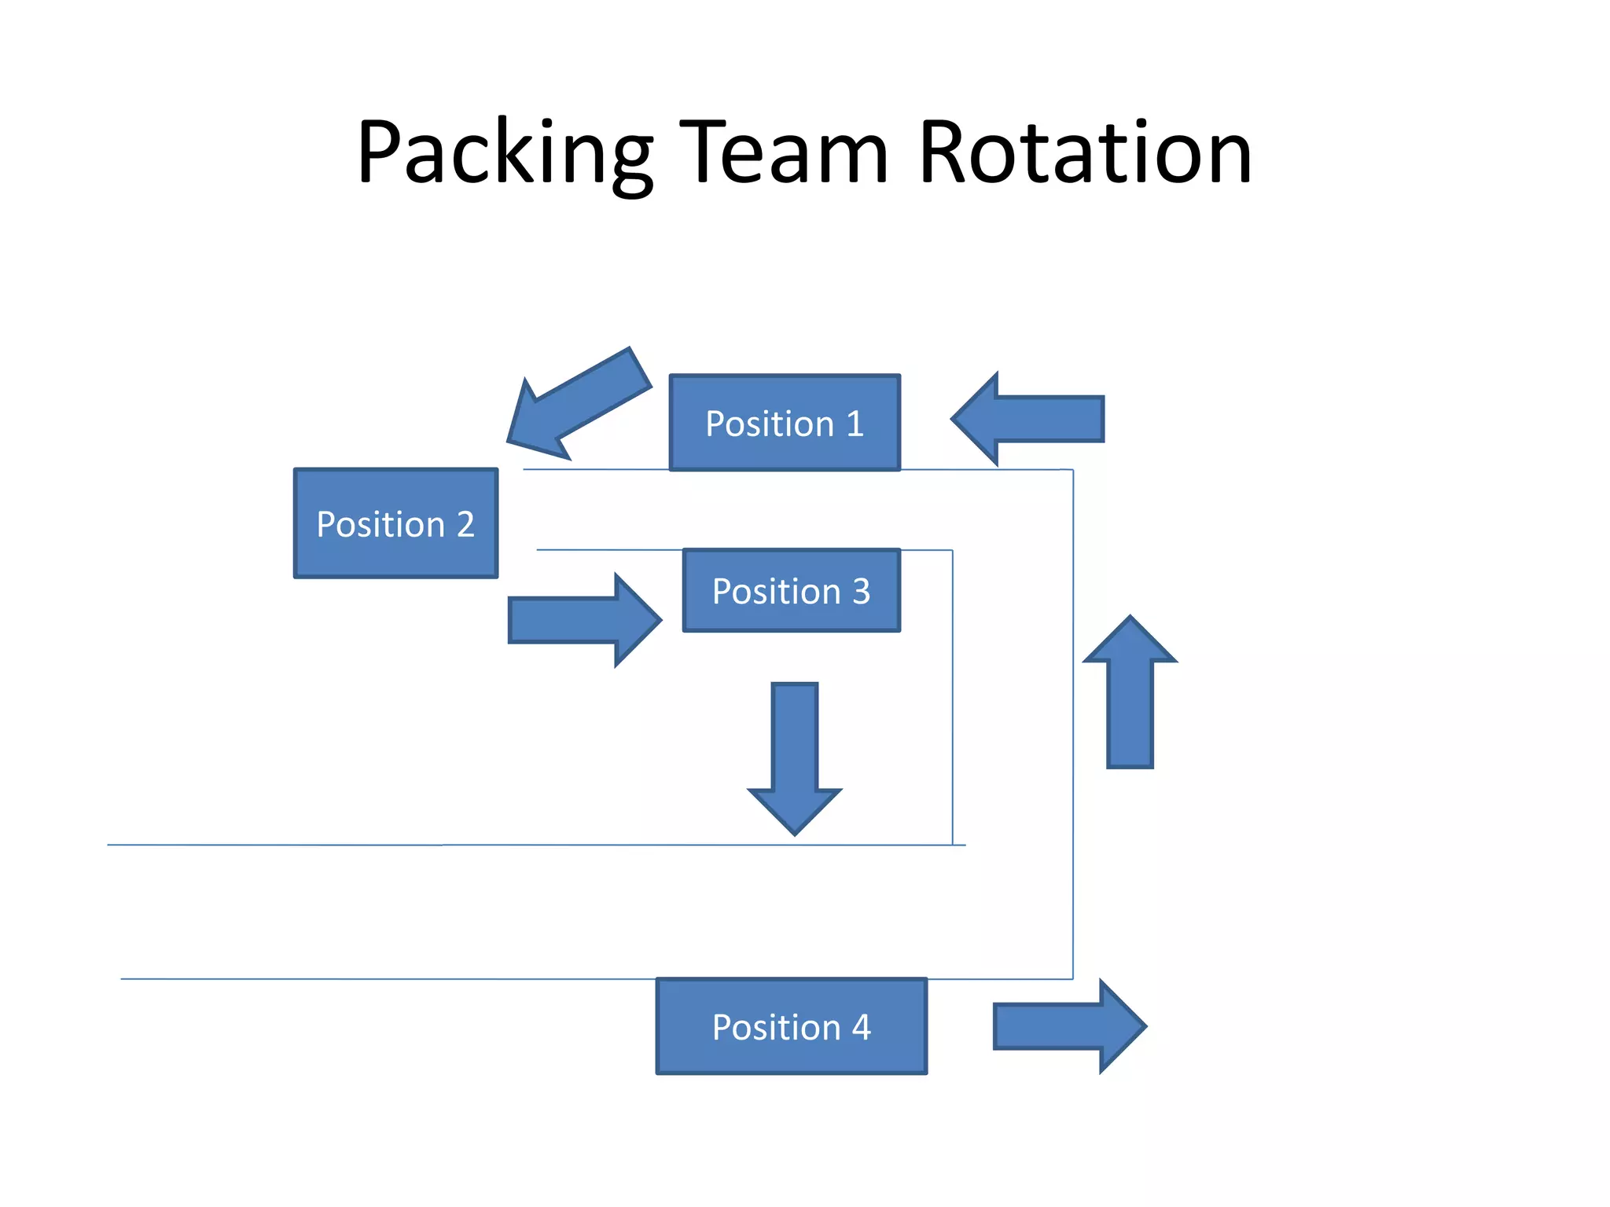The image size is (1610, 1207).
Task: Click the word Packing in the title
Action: (504, 153)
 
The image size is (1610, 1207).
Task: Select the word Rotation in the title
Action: (1084, 153)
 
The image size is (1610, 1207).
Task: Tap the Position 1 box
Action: (785, 423)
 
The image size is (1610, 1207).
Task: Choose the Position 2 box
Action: (395, 523)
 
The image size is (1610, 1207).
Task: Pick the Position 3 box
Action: (791, 590)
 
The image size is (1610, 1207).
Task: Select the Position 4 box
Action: (791, 1026)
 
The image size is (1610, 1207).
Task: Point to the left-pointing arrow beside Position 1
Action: (1030, 419)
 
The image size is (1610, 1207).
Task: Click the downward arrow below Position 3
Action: (795, 754)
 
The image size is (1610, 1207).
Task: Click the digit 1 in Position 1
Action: (855, 424)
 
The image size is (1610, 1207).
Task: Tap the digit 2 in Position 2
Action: (465, 524)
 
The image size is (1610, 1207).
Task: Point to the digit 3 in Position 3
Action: (862, 591)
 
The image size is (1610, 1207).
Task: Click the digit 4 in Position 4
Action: (862, 1027)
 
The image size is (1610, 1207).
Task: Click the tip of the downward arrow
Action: (795, 831)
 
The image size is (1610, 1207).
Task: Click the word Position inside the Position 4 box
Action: (776, 1027)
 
